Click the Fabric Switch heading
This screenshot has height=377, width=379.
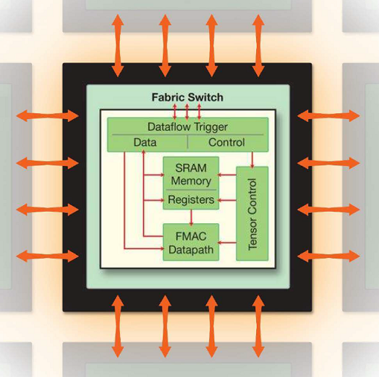click(187, 97)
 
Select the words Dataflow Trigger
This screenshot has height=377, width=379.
click(187, 127)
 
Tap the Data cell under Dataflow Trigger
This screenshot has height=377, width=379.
click(145, 142)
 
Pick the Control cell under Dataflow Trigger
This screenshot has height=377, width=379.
click(226, 142)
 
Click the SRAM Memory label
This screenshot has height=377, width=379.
click(191, 174)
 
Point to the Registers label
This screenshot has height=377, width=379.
click(191, 199)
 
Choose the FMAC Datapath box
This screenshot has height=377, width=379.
click(191, 243)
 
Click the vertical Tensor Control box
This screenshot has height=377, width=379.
click(252, 214)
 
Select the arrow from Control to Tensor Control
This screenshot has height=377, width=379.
click(252, 160)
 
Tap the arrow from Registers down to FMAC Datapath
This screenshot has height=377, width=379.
click(191, 217)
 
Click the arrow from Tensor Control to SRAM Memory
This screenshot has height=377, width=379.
click(226, 175)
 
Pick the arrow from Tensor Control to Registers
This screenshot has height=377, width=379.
click(226, 200)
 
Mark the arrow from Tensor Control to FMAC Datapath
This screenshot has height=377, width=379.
click(226, 243)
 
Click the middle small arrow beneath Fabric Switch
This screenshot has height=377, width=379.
click(187, 112)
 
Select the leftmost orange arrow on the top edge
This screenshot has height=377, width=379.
click(118, 45)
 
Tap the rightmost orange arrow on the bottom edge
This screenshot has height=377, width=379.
click(258, 326)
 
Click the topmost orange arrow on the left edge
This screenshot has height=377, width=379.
click(48, 116)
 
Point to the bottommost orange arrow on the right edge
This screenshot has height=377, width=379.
click(328, 256)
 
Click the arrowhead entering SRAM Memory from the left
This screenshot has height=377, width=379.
click(161, 175)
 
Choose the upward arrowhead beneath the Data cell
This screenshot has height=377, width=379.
click(143, 152)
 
